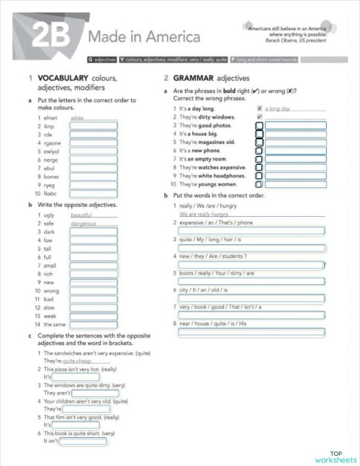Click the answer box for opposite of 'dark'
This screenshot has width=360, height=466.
point(94,232)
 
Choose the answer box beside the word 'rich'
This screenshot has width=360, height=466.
point(94,274)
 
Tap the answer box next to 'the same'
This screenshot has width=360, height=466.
point(94,324)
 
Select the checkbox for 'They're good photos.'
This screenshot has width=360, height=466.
point(259,125)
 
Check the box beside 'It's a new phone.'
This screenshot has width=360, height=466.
point(259,151)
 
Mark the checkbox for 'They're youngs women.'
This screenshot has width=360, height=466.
point(259,184)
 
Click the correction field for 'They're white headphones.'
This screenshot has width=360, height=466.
point(295,176)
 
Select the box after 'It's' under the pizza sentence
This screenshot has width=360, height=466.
point(76,376)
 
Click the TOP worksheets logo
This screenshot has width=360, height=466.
point(336,457)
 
